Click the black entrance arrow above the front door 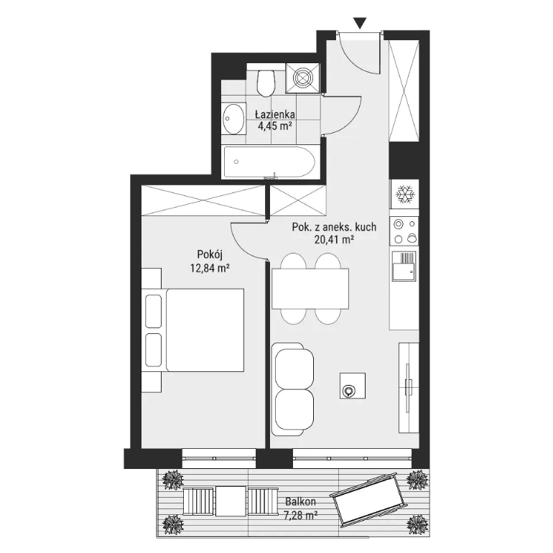(x=360, y=23)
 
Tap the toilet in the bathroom (x=266, y=83)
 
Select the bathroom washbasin (x=233, y=118)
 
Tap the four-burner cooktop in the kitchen (x=404, y=231)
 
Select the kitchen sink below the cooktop (x=404, y=266)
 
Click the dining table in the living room (x=310, y=289)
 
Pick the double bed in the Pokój (x=195, y=330)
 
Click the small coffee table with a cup (x=353, y=386)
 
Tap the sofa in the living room (x=293, y=389)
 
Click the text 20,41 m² (x=334, y=240)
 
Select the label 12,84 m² (x=210, y=269)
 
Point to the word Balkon (x=300, y=501)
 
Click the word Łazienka (x=275, y=114)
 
